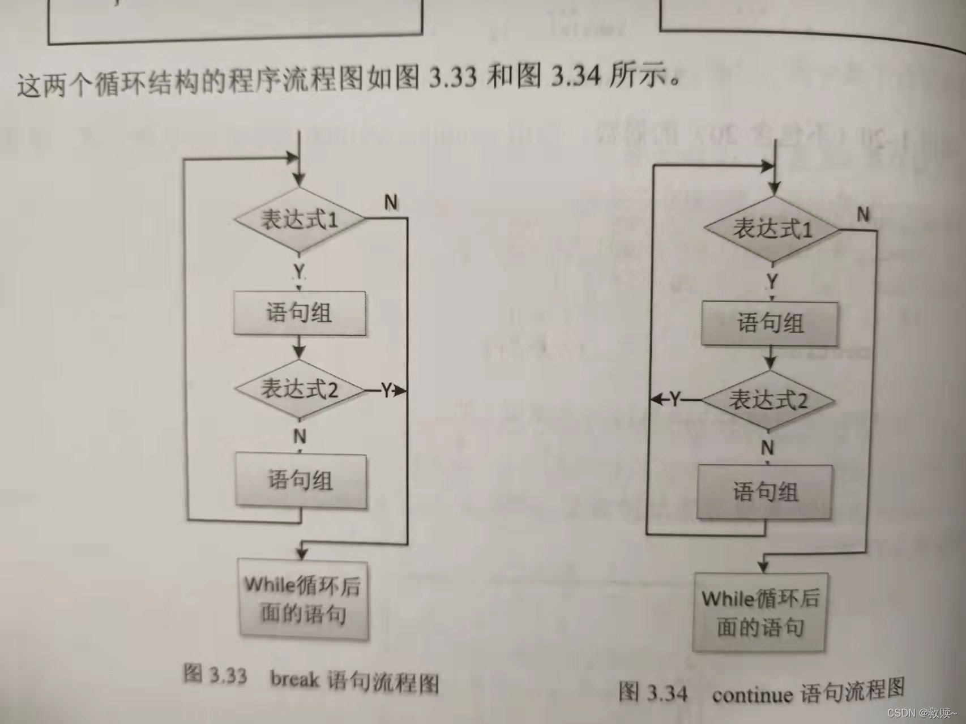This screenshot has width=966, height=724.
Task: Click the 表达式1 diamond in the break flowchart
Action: point(300,220)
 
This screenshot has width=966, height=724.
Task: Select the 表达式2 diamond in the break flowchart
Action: point(300,389)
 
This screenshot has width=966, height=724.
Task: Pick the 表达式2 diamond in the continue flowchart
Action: point(768,400)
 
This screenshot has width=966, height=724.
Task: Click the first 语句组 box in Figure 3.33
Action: point(300,312)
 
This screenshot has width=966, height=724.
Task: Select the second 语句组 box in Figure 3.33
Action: point(301,480)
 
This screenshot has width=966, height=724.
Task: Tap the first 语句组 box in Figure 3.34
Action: point(770,323)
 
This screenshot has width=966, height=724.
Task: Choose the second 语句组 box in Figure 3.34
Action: point(765,491)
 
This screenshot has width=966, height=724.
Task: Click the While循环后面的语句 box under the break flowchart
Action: point(303,599)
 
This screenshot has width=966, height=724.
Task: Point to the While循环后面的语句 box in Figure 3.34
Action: point(760,612)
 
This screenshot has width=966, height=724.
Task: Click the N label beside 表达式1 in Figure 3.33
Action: point(391,202)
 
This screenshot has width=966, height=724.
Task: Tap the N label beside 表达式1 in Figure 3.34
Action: point(863,215)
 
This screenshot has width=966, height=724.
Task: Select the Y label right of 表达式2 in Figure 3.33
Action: point(386,390)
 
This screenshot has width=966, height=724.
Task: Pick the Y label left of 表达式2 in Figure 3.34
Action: point(675,400)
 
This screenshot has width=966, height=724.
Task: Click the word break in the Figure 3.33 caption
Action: point(294,678)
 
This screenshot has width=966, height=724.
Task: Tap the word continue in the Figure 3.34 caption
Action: point(753,694)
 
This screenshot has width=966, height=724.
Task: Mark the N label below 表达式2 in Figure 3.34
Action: point(767,448)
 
